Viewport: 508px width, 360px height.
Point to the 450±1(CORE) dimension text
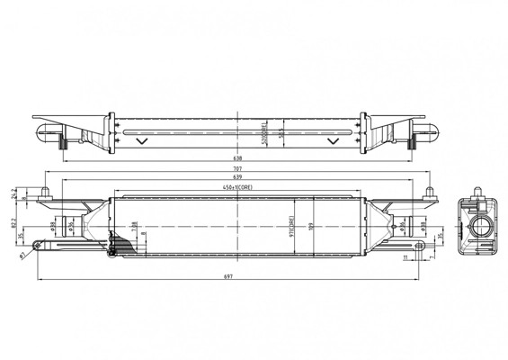tap(238, 187)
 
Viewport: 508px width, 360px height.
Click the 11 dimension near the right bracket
tap(406, 257)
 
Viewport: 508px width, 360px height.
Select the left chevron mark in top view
tap(138, 139)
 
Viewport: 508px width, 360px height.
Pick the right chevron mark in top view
tap(334, 139)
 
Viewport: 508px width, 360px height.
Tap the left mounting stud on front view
tap(45, 192)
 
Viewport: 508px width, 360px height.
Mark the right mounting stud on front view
tap(431, 192)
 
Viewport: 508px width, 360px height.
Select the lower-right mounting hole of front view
tap(423, 245)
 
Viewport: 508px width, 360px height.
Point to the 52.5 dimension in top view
tap(282, 132)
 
